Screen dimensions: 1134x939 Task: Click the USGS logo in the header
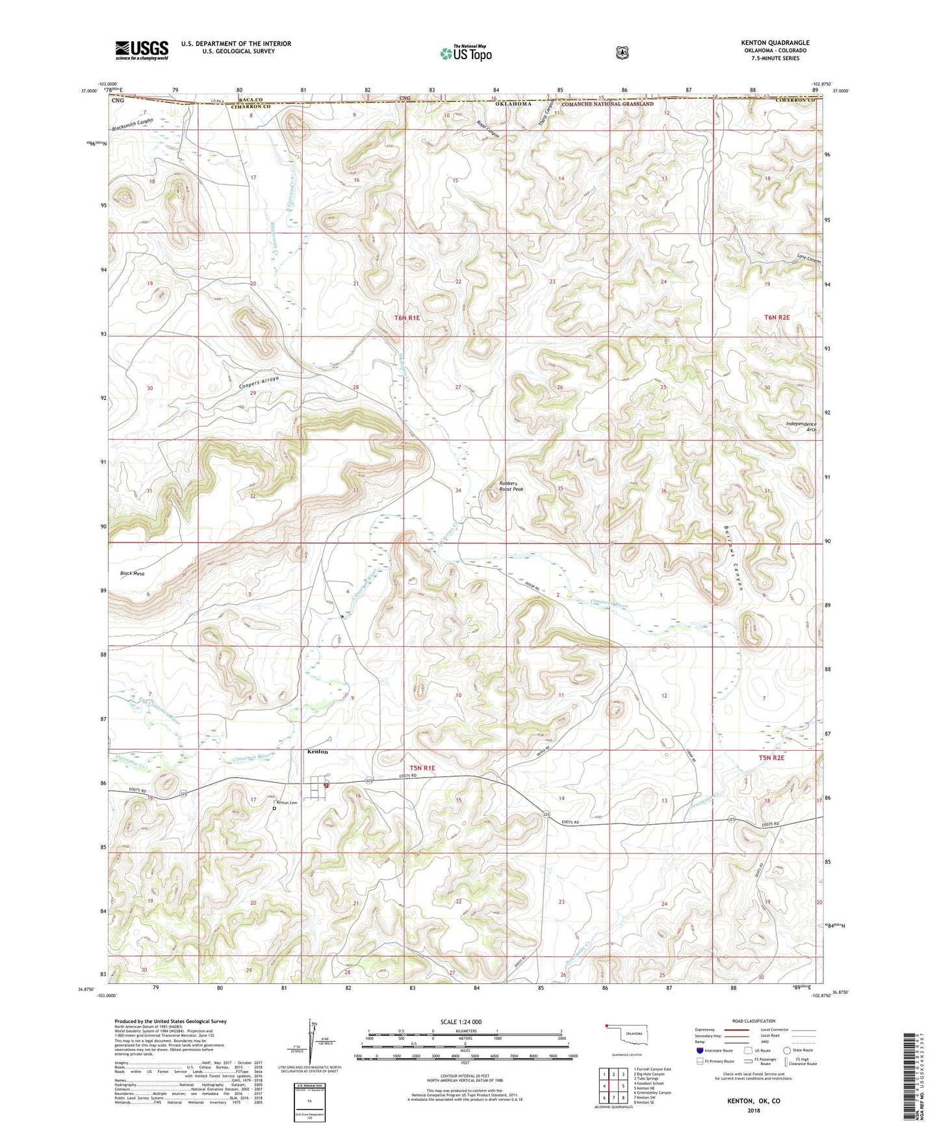pos(142,50)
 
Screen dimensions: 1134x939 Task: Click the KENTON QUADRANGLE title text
pos(775,43)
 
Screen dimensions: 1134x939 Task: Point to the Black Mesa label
pos(132,573)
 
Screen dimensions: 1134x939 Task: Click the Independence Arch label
pos(801,427)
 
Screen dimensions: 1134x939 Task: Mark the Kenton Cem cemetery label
pos(287,803)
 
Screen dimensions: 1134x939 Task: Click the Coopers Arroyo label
pos(259,383)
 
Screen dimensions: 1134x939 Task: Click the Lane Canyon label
pos(808,258)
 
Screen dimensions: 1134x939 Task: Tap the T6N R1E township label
pos(407,318)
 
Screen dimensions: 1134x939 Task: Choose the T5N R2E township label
pos(771,758)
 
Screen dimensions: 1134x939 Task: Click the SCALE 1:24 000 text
pos(461,1022)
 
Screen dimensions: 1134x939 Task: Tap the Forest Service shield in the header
pos(622,53)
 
